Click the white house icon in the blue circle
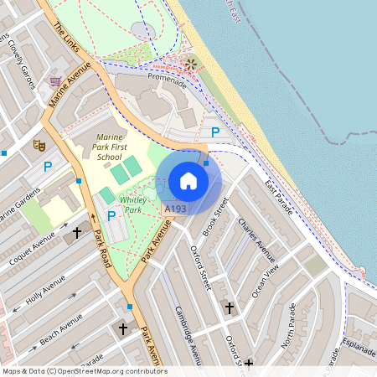(x=188, y=180)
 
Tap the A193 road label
(x=175, y=209)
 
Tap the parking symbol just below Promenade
(x=215, y=132)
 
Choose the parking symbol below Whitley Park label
(x=111, y=216)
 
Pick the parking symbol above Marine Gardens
(x=48, y=167)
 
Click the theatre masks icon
(x=38, y=145)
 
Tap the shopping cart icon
(x=55, y=81)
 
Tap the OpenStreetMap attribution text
(x=85, y=370)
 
